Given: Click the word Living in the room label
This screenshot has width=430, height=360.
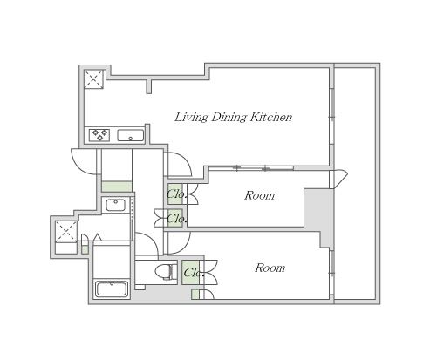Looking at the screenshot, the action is click(191, 117).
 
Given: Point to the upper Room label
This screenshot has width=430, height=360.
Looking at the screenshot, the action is click(259, 195).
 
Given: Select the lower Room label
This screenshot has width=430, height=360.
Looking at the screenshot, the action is click(270, 268).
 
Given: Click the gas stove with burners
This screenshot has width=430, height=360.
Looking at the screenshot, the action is click(99, 135).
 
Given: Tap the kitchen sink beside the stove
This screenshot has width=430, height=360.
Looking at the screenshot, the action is click(131, 136).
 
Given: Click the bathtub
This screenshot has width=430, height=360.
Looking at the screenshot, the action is click(112, 289).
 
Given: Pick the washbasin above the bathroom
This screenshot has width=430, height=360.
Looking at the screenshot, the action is click(115, 205).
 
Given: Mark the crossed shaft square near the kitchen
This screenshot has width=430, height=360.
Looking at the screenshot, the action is click(93, 79).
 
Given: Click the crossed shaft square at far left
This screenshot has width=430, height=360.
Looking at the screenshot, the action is click(66, 232).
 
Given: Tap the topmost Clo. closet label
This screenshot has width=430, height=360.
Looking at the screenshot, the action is click(176, 194).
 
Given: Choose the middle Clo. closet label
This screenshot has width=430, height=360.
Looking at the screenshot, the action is click(176, 218).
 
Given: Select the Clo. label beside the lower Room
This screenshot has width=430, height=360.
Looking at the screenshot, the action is click(194, 273).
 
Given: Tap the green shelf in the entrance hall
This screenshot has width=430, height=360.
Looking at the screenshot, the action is click(117, 187).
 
